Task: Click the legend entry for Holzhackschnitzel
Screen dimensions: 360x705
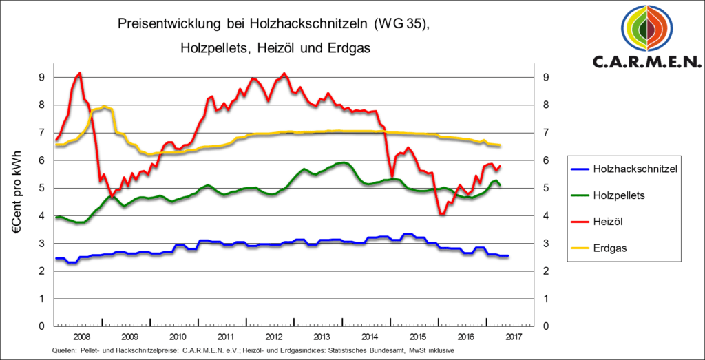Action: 630,169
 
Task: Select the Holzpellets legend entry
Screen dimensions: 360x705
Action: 619,195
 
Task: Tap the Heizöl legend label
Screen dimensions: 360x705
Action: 608,222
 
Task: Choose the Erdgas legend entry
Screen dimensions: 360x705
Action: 610,248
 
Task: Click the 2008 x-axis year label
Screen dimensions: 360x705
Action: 81,337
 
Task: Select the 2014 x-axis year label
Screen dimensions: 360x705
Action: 370,337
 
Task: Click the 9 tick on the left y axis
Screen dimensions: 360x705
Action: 41,77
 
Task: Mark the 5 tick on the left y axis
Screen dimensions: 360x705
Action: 41,188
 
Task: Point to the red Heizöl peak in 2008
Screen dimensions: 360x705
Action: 80,73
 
